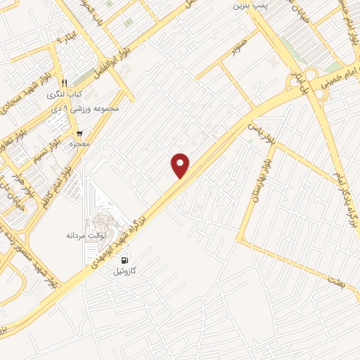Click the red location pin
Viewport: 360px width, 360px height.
[x=181, y=165]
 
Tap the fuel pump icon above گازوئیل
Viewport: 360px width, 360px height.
[x=125, y=259]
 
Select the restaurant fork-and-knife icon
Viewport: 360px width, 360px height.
[x=64, y=82]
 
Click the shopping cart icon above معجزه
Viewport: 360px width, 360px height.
[x=79, y=133]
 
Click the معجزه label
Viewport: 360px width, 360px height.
[x=82, y=144]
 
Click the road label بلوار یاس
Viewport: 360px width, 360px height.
[x=259, y=132]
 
